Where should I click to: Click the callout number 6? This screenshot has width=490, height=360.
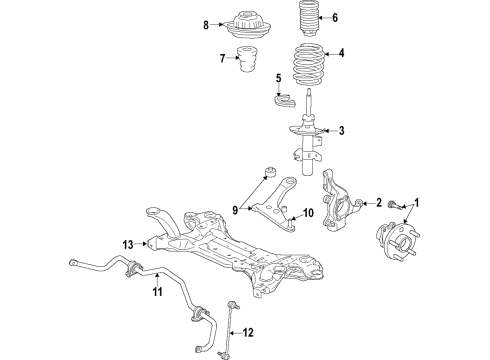[335, 17]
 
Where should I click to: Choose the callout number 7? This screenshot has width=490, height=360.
[222, 59]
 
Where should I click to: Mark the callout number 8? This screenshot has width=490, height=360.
[206, 24]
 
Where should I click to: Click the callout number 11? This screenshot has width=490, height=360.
[157, 292]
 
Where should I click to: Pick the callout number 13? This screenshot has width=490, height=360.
[128, 242]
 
